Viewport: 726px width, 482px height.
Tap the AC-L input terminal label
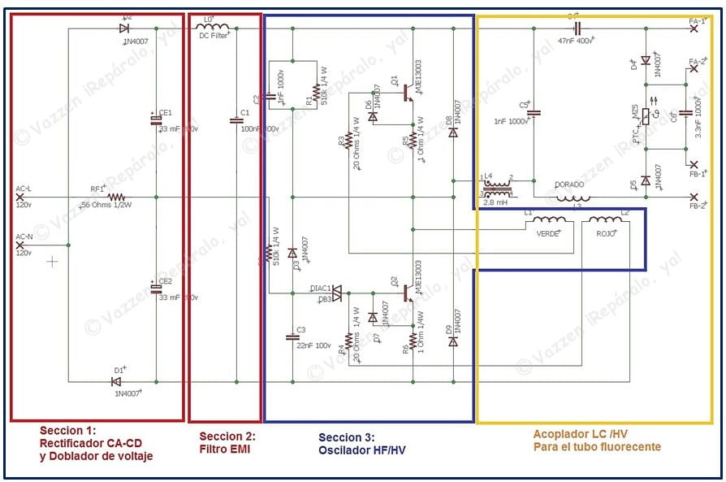point(24,189)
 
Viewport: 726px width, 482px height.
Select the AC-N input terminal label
point(24,237)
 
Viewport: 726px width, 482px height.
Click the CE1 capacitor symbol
point(156,120)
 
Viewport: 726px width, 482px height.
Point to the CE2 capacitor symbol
point(156,289)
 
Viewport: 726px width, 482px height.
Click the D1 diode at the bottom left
point(116,380)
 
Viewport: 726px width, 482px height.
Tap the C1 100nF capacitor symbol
point(236,121)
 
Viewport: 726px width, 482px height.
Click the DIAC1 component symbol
point(335,293)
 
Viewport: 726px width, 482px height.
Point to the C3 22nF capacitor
point(292,335)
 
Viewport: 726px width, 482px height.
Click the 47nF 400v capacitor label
point(577,39)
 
